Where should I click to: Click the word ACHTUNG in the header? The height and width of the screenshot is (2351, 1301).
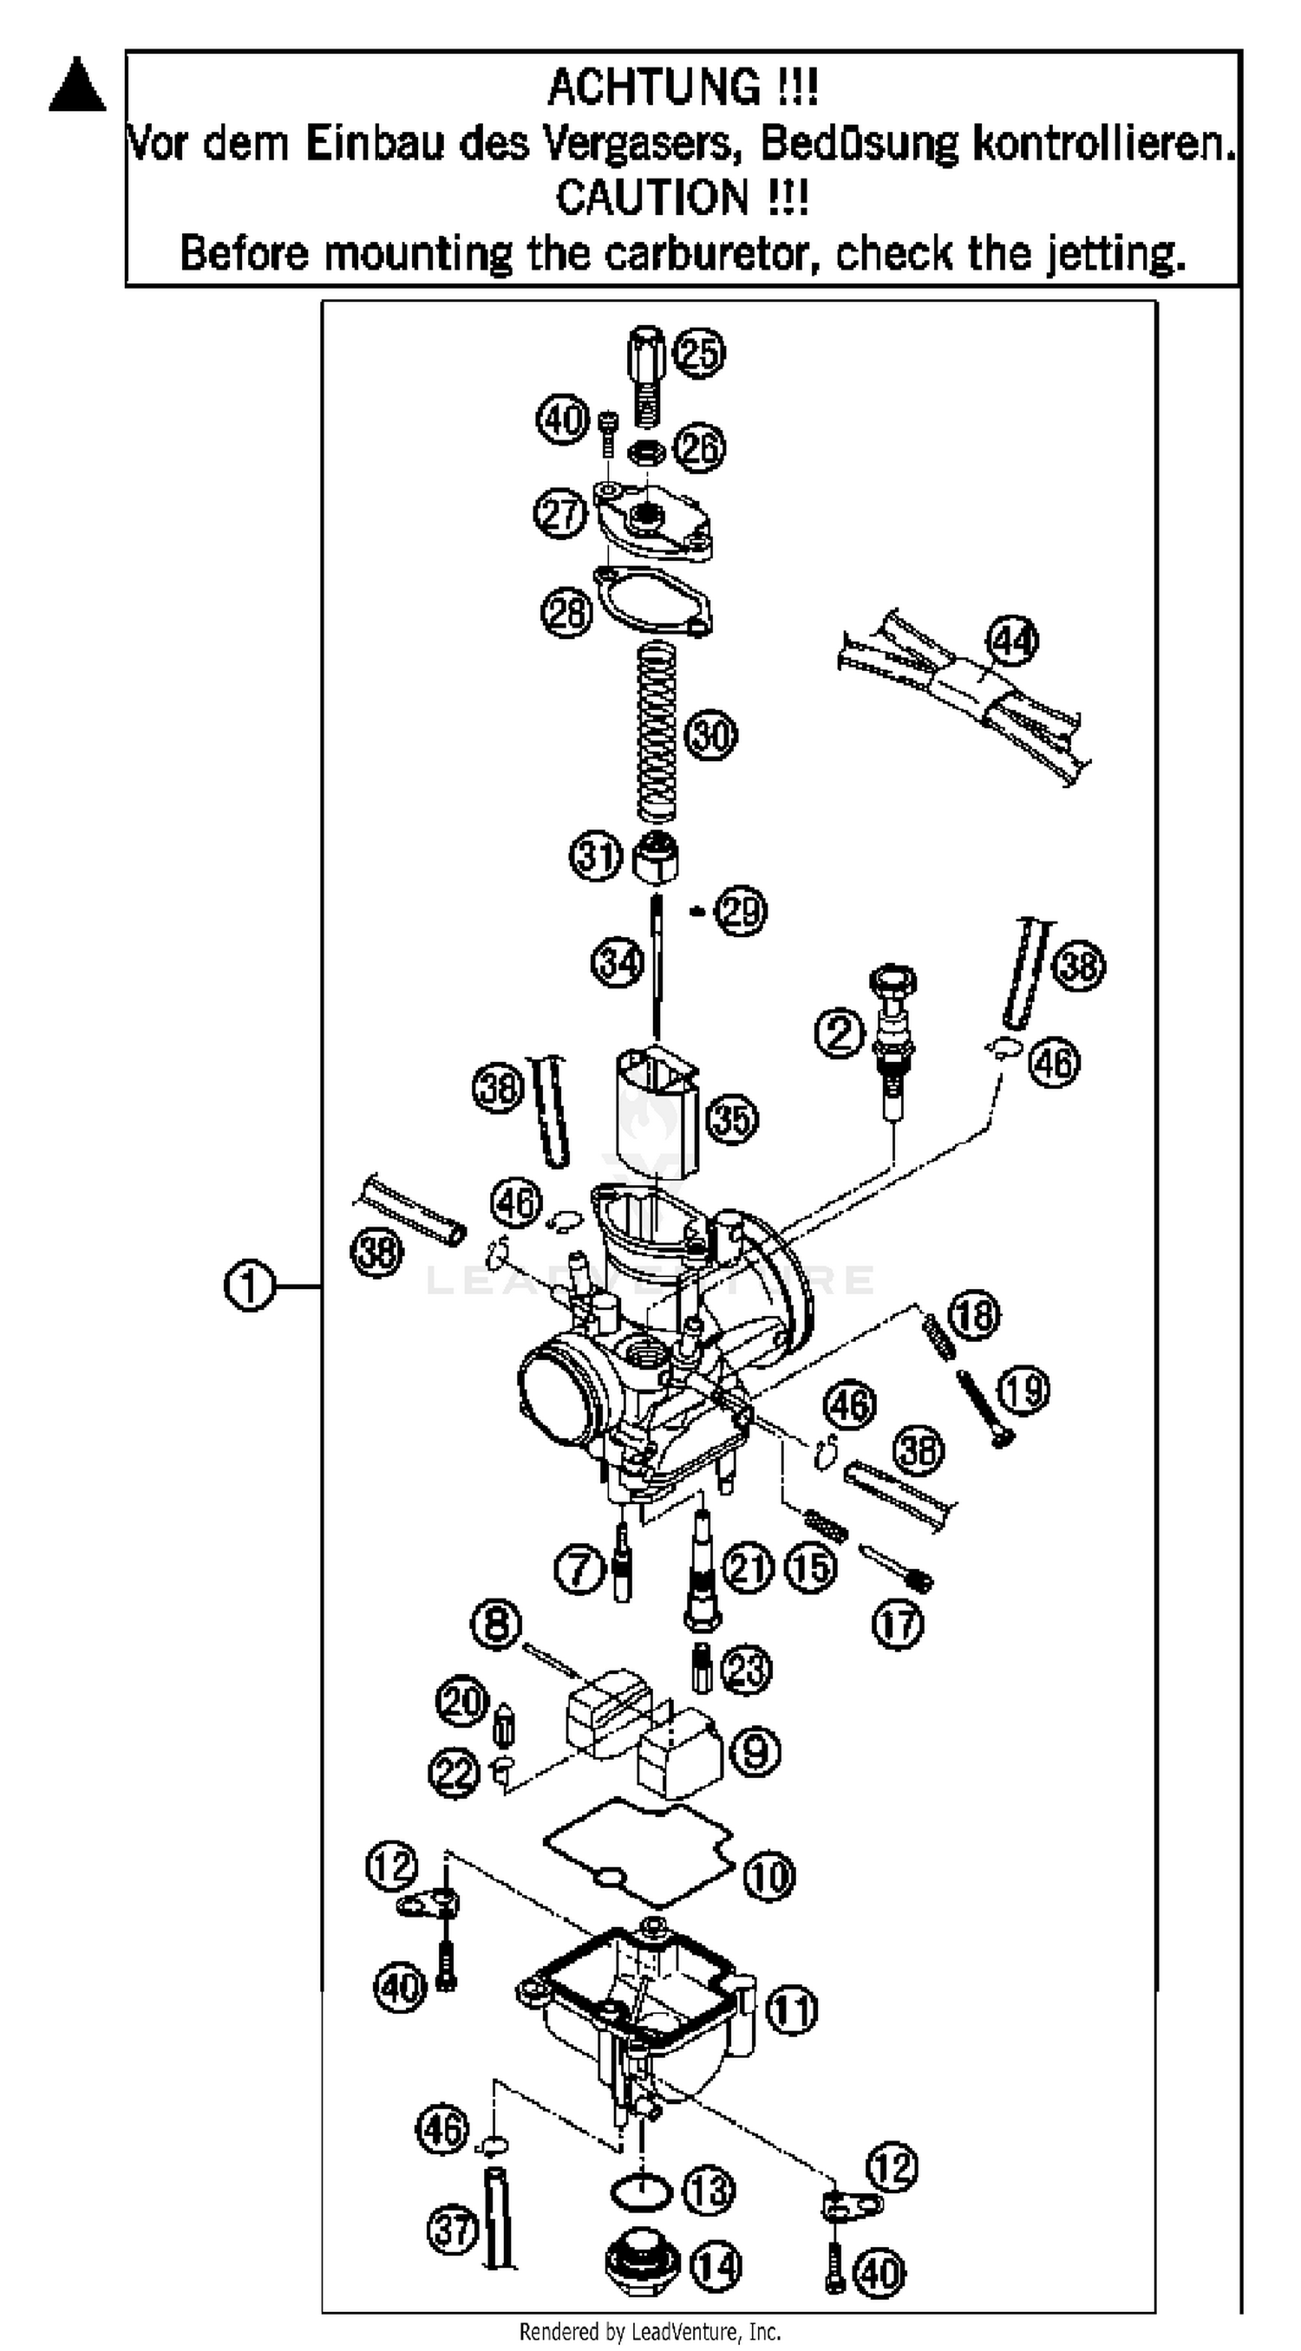[653, 88]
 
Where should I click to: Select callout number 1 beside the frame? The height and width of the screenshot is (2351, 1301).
[248, 1286]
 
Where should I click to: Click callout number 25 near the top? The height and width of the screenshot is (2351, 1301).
[699, 353]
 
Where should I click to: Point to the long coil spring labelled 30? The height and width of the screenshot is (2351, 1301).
[656, 731]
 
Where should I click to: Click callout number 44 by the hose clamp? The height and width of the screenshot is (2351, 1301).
[1013, 641]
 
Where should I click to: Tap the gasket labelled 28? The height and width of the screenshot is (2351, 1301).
[654, 600]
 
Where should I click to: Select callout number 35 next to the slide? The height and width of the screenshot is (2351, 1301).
[733, 1119]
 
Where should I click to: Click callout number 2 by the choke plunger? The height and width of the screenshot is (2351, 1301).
[839, 1032]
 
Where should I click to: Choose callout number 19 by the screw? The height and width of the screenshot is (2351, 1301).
[1023, 1390]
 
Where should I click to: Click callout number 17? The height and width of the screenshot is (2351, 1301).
[899, 1624]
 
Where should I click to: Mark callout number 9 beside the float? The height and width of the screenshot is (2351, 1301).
[756, 1751]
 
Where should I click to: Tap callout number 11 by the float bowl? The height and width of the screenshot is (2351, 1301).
[791, 2010]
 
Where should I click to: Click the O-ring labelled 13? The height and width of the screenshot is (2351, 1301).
[640, 2191]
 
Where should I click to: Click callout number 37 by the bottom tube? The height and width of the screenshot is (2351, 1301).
[453, 2230]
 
